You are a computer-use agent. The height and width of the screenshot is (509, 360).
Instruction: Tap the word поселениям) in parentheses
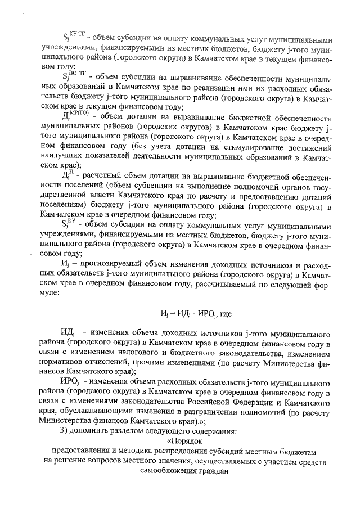[x=65, y=205]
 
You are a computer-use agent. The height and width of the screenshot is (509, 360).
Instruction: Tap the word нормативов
[x=66, y=362]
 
